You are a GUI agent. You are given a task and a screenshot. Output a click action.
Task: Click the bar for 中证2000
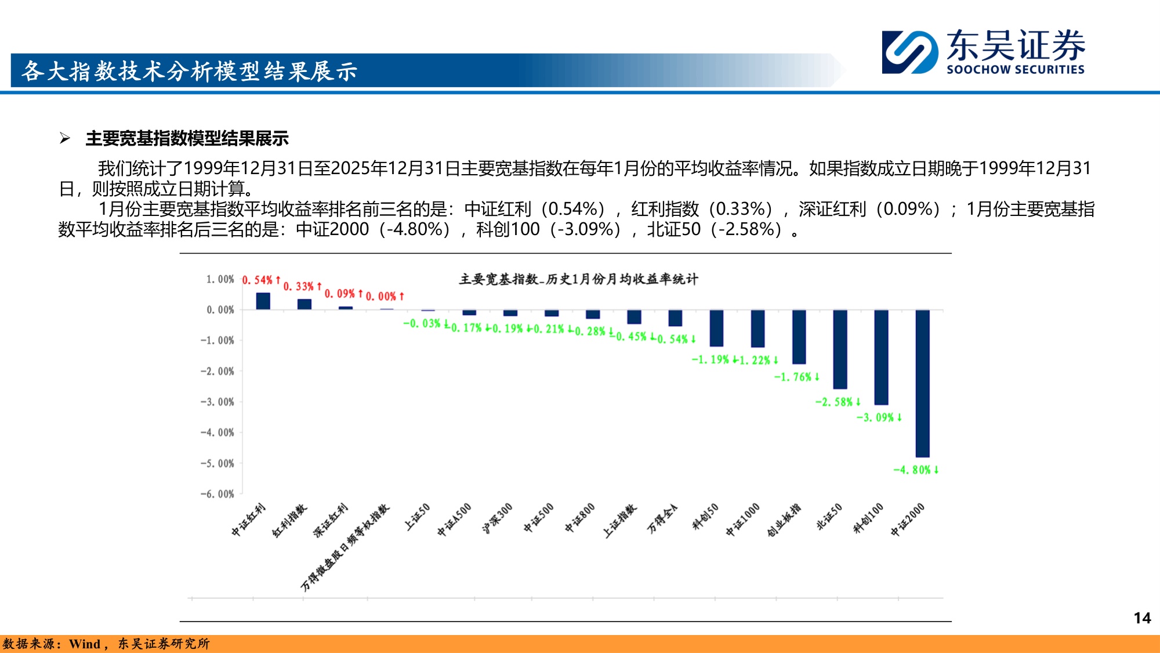[x=922, y=383]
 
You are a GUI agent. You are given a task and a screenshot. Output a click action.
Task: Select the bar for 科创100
[x=881, y=357]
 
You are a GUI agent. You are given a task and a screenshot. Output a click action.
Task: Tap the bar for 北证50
[x=840, y=349]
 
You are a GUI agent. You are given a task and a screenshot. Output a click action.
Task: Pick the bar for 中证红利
[x=263, y=301]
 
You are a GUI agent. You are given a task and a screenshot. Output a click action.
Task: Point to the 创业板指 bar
[x=799, y=337]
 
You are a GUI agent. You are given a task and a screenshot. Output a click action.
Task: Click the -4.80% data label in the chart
[x=916, y=470]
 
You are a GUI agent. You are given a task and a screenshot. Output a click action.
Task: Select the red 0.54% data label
[x=261, y=280]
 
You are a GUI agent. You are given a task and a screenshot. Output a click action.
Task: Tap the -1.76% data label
[x=797, y=377]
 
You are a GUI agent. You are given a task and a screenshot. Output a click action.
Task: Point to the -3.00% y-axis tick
[x=217, y=402]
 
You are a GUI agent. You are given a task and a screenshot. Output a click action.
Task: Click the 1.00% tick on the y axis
[x=220, y=279]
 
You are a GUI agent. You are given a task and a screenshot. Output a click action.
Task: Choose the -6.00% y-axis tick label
[x=217, y=494]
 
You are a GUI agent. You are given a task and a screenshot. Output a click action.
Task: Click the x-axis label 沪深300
[x=498, y=518]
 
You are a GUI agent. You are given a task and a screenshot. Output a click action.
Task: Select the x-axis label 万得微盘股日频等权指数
[x=345, y=547]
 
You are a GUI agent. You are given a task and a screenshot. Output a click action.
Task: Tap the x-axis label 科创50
[x=705, y=516]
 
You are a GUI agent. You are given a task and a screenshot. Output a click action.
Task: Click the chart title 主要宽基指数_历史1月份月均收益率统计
[x=578, y=279]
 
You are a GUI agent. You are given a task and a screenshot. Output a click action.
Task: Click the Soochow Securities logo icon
[x=909, y=52]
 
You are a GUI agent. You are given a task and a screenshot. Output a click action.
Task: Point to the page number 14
[x=1142, y=618]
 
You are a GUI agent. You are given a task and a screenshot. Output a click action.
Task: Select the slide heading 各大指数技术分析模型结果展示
[x=189, y=71]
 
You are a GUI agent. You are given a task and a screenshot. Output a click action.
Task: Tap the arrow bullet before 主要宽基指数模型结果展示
[x=65, y=138]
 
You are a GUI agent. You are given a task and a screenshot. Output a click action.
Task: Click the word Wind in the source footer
[x=85, y=644]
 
